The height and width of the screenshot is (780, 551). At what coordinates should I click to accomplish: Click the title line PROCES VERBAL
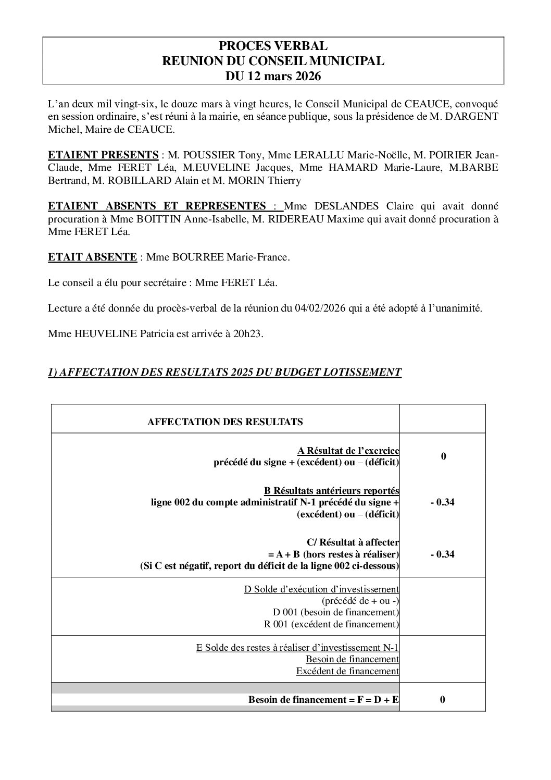pyautogui.click(x=273, y=46)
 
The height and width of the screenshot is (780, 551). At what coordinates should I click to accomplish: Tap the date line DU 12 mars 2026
pyautogui.click(x=273, y=76)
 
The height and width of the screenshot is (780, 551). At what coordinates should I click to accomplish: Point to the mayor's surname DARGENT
pyautogui.click(x=473, y=116)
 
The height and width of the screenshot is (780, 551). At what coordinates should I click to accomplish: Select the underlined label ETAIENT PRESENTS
pyautogui.click(x=103, y=155)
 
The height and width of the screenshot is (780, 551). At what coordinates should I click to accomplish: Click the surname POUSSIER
pyautogui.click(x=208, y=155)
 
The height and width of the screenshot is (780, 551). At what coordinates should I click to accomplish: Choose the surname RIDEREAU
pyautogui.click(x=294, y=219)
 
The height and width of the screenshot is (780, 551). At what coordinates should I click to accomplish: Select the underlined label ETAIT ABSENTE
pyautogui.click(x=92, y=257)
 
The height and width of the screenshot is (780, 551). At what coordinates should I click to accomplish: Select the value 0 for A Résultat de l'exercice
pyautogui.click(x=443, y=456)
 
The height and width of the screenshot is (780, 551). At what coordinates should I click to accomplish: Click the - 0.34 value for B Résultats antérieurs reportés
pyautogui.click(x=442, y=503)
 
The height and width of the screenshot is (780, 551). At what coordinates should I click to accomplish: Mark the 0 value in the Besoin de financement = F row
pyautogui.click(x=442, y=700)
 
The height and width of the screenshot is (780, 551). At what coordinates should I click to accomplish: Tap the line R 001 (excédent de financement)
pyautogui.click(x=331, y=624)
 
